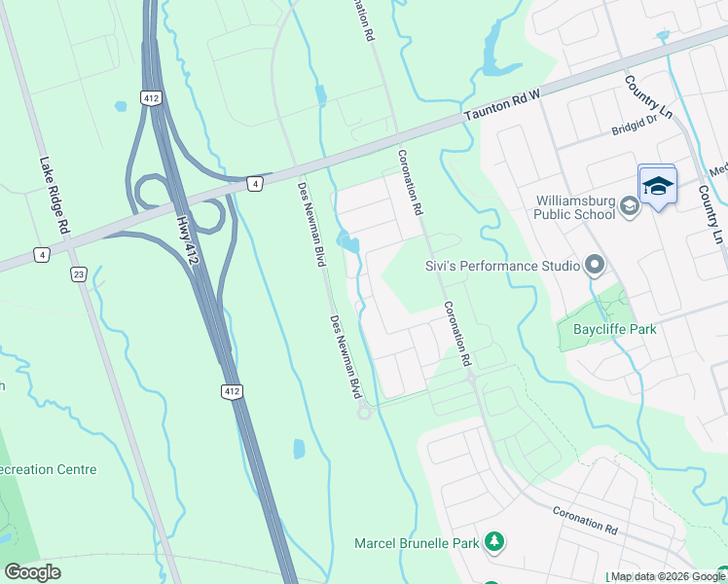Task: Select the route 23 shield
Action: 77,274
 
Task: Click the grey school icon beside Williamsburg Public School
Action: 630,204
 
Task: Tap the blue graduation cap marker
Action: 658,185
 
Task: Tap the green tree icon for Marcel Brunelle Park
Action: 494,541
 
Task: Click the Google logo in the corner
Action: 33,572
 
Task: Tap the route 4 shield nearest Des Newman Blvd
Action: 253,182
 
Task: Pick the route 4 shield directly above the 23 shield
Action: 42,255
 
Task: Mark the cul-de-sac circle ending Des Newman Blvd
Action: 365,413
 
